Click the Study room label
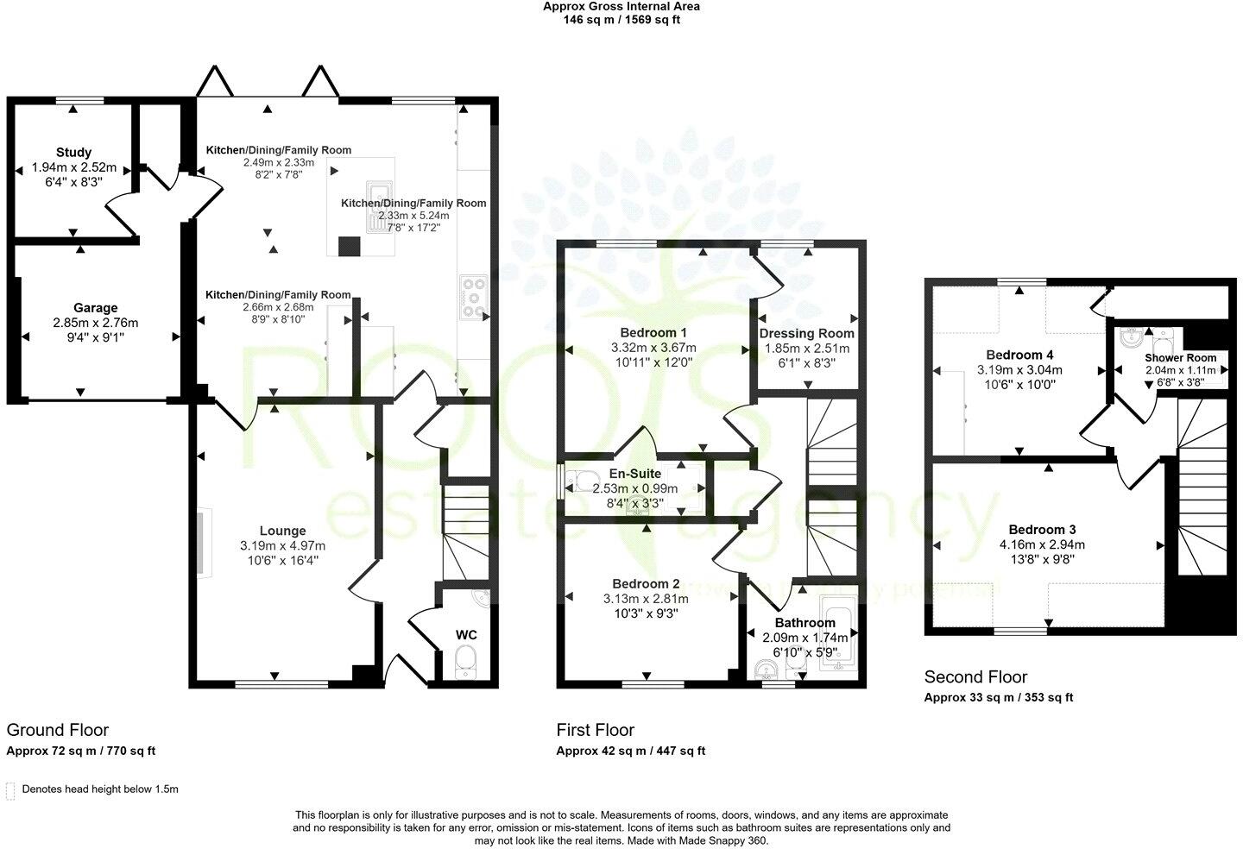click(73, 153)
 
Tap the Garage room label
click(95, 308)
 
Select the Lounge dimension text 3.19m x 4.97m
click(282, 545)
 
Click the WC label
click(466, 635)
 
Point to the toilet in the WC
click(466, 662)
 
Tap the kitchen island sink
click(377, 207)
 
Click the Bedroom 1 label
click(653, 333)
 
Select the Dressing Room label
click(806, 334)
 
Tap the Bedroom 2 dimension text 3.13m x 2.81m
click(646, 599)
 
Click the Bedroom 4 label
click(1019, 355)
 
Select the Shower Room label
click(1180, 358)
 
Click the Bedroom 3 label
click(1042, 530)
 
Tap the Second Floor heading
click(975, 677)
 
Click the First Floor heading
click(595, 731)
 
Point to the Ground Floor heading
click(57, 731)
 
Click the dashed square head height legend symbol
click(10, 789)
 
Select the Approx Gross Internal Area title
click(621, 6)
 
